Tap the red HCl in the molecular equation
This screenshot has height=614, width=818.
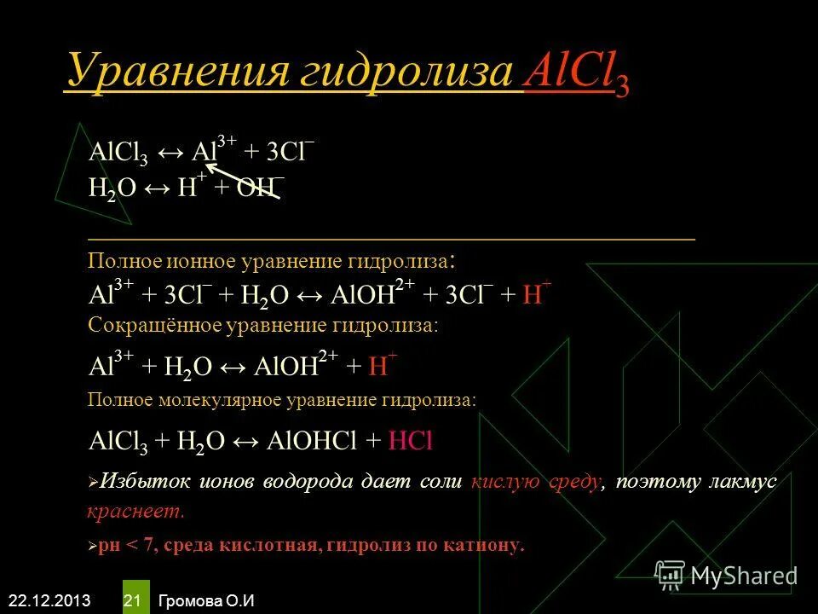412,440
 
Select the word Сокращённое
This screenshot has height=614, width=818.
154,326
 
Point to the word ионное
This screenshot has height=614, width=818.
187,260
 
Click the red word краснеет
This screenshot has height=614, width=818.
135,513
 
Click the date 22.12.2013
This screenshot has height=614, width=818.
47,600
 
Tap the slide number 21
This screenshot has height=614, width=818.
132,600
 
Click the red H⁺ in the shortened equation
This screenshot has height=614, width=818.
377,366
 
